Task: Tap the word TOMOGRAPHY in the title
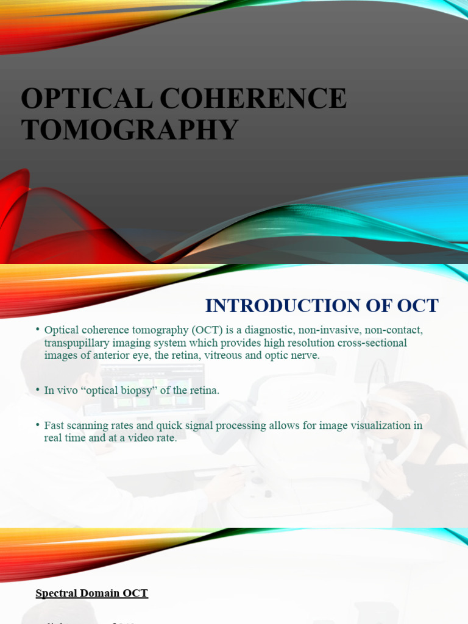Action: [129, 130]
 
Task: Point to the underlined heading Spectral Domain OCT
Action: [92, 593]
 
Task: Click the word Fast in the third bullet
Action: [55, 425]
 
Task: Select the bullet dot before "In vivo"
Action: [38, 389]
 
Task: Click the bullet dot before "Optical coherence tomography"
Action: [38, 330]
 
